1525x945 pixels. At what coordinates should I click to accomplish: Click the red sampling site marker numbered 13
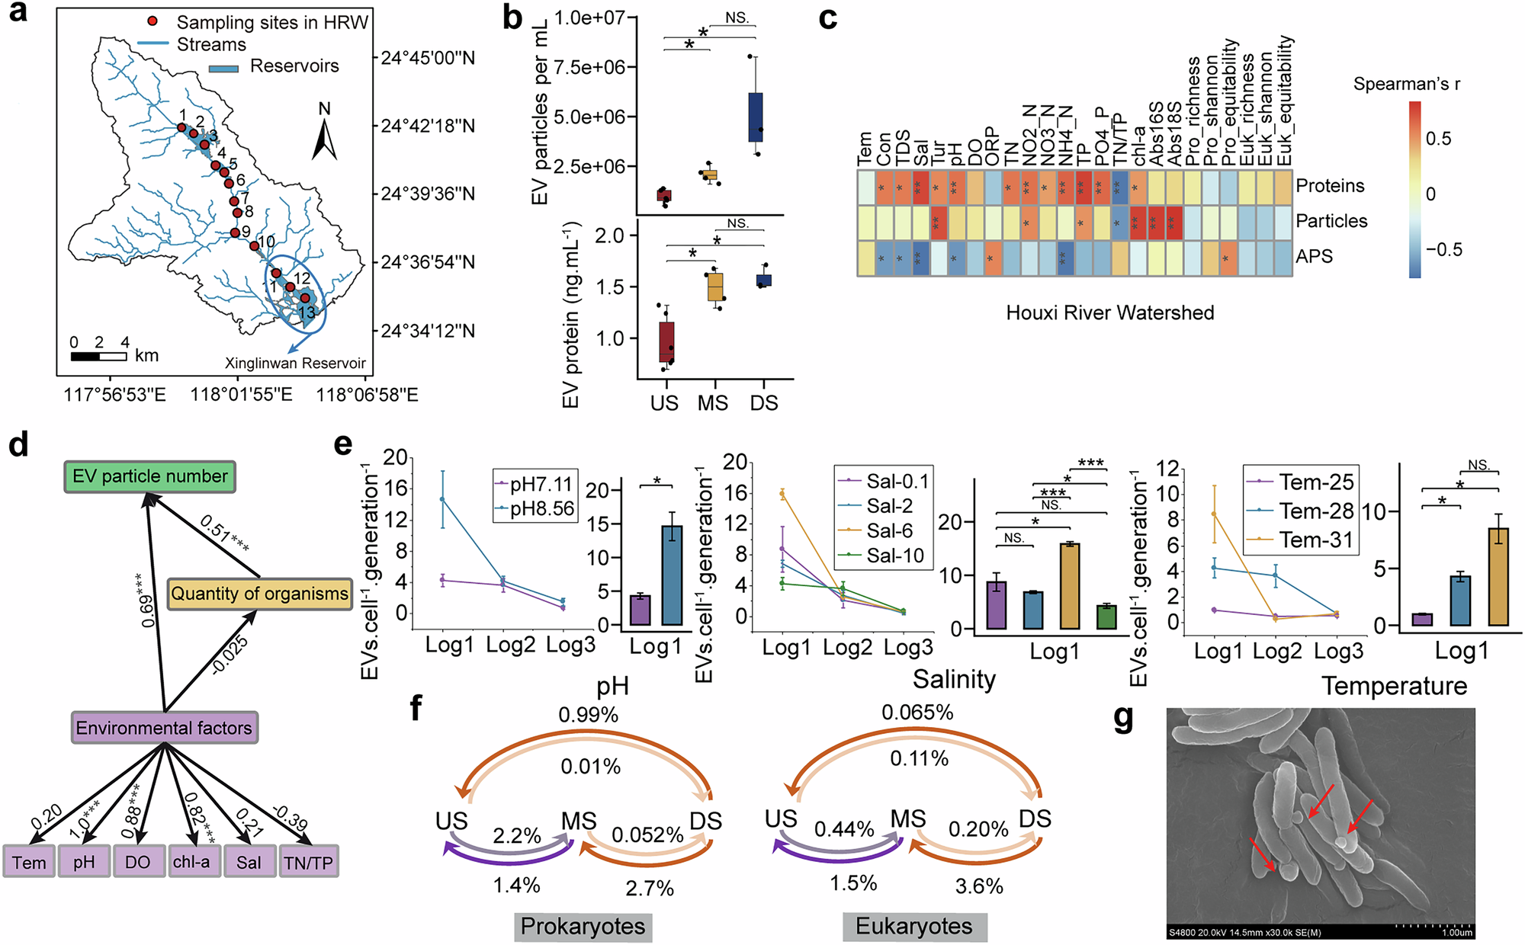(x=305, y=298)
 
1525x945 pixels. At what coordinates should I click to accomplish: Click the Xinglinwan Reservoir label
(x=295, y=364)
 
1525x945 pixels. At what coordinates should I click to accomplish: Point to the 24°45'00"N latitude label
(x=428, y=58)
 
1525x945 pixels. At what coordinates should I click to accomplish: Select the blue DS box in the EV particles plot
(x=755, y=117)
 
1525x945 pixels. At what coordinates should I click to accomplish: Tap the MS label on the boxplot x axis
(x=713, y=403)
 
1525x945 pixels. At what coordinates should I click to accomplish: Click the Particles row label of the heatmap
(x=1331, y=221)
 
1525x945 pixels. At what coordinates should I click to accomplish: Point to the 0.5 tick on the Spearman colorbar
(x=1438, y=139)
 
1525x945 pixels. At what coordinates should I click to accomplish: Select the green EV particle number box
(x=149, y=476)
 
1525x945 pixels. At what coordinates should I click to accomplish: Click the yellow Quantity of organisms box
(x=259, y=594)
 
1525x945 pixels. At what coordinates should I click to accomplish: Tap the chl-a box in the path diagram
(x=191, y=862)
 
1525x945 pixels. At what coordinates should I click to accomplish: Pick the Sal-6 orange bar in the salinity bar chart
(x=1071, y=586)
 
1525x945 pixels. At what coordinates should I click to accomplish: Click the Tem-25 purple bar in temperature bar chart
(x=1423, y=620)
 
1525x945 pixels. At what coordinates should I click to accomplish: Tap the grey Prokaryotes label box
(x=583, y=927)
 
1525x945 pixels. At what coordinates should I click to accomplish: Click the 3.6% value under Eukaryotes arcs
(x=979, y=886)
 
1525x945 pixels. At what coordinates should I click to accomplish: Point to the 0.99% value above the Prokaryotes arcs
(x=588, y=715)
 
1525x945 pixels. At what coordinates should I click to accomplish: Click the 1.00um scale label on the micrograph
(x=1456, y=932)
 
